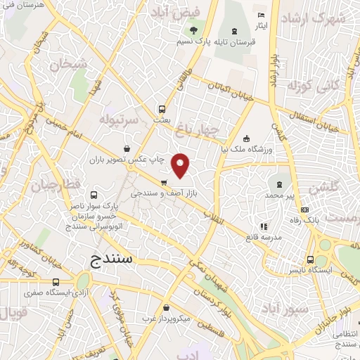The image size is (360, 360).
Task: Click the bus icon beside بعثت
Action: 162,109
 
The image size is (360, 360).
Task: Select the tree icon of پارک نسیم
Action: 192,30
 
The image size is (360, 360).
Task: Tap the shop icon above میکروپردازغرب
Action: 165,308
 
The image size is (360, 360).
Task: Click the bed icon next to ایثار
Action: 262,15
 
